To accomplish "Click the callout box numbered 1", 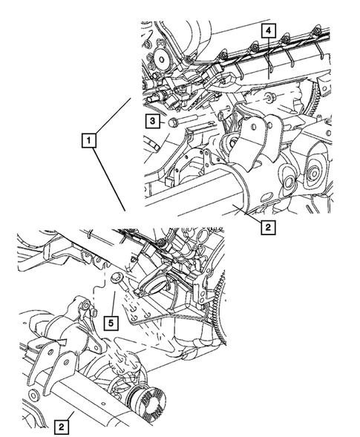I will tap(89, 139).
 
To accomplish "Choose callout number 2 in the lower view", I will tap(62, 427).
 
